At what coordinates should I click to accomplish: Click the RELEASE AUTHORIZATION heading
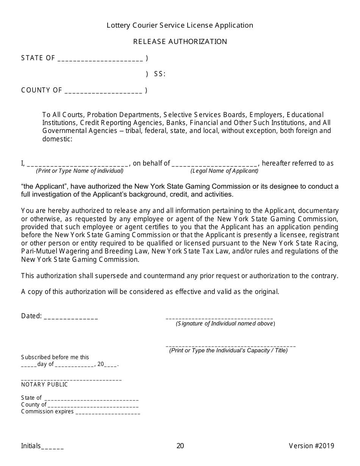tap(180, 42)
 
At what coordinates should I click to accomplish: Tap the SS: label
tap(160, 74)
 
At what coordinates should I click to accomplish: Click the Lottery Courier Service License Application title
tap(180, 25)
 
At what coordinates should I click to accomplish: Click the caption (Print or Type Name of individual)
tap(80, 171)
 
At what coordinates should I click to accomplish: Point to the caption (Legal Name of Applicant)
tap(224, 171)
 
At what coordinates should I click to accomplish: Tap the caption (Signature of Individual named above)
tap(225, 324)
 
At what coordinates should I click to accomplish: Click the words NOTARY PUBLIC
tap(44, 385)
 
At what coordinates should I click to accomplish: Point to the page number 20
tap(180, 446)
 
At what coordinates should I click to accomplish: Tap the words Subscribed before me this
tap(55, 357)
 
